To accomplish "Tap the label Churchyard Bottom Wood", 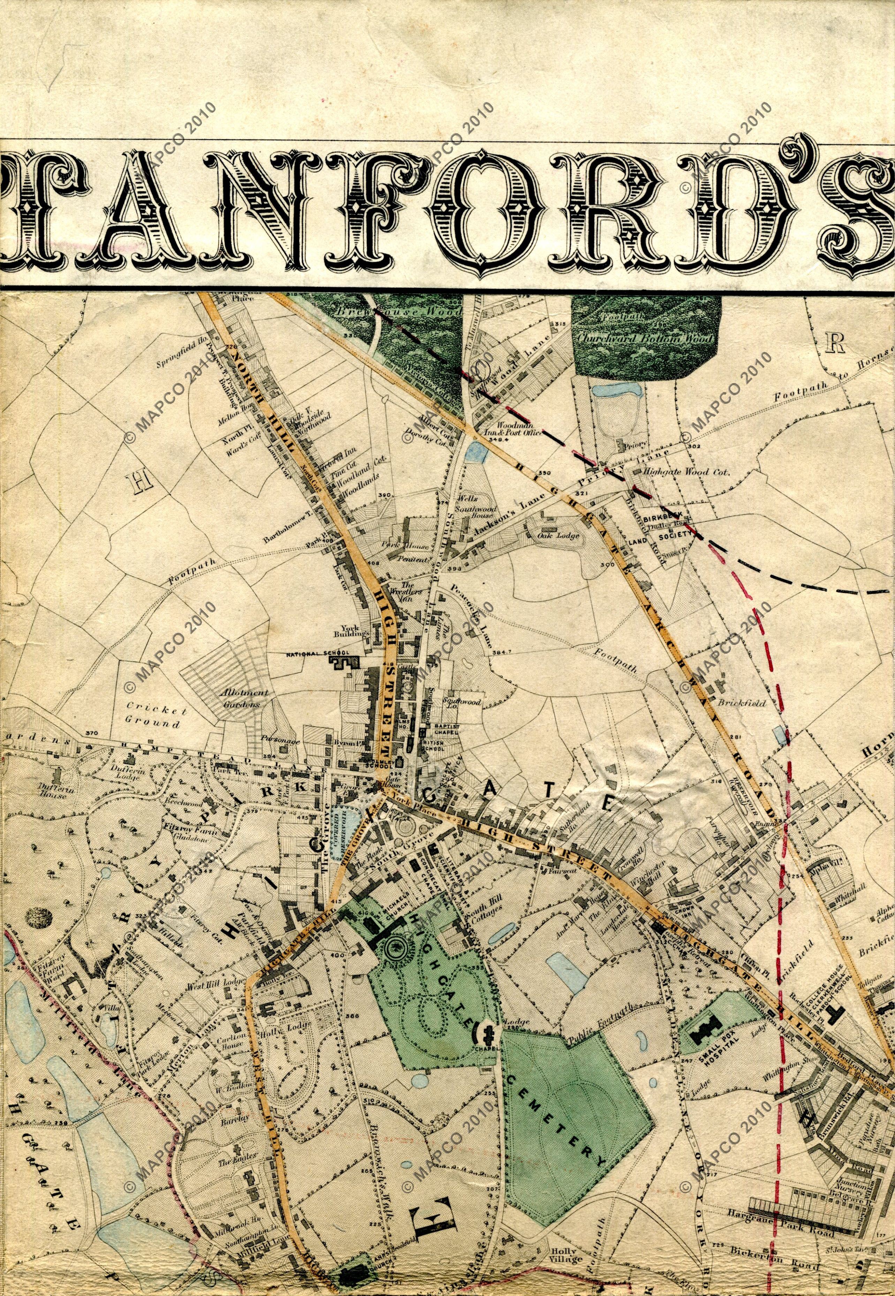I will click(x=645, y=338).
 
